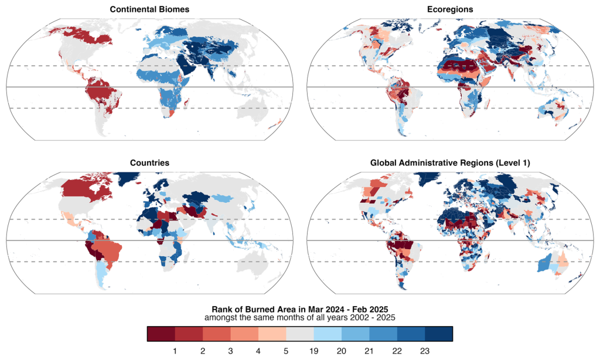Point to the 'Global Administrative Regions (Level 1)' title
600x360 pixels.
pyautogui.click(x=449, y=162)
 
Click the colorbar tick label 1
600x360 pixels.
pyautogui.click(x=175, y=349)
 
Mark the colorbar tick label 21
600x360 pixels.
pyautogui.click(x=370, y=349)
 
